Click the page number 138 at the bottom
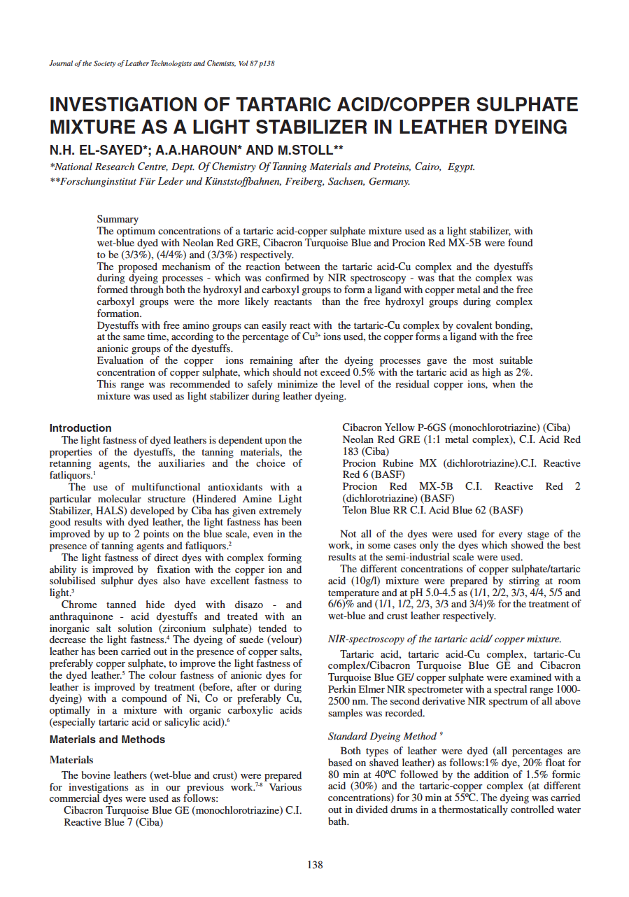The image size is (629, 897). point(315,865)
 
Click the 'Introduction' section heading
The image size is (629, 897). point(80,428)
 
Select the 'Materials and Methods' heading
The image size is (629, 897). point(107,740)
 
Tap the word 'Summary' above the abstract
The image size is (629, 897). point(118,219)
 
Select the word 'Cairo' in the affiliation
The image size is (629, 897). point(423,167)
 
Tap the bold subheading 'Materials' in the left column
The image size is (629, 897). point(71,760)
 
